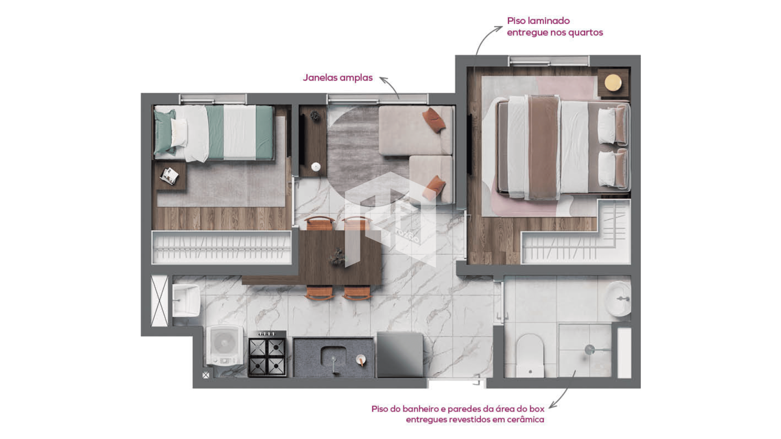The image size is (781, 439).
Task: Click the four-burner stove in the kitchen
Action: click(x=267, y=354)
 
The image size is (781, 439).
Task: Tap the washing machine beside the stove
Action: click(x=225, y=345)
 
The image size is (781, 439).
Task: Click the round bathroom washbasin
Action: click(x=618, y=299)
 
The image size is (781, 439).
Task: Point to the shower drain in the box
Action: click(x=589, y=349)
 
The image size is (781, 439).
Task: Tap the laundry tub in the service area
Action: click(x=186, y=300)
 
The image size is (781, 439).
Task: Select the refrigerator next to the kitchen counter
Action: click(x=400, y=354)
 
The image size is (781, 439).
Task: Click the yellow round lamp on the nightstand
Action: click(x=613, y=83)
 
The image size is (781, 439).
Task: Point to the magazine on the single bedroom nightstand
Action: click(x=169, y=176)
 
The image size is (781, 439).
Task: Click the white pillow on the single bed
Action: click(x=179, y=133)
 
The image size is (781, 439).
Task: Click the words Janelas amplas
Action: click(x=338, y=78)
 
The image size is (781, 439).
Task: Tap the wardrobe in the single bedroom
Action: click(x=222, y=247)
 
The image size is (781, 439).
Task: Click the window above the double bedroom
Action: click(x=548, y=61)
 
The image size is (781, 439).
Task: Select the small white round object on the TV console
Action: click(x=316, y=167)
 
